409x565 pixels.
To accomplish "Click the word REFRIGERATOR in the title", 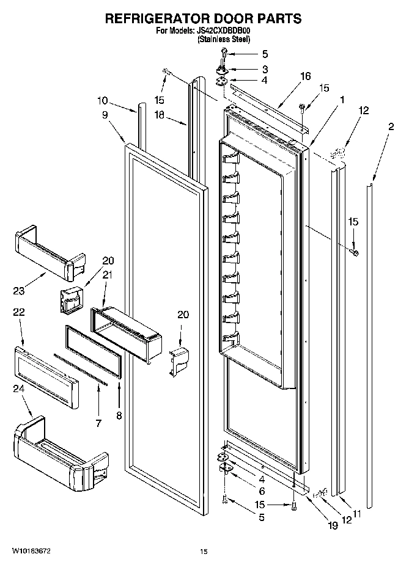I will click(160, 19).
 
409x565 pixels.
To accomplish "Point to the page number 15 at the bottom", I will click(204, 552).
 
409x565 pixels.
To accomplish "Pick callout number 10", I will click(101, 100).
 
